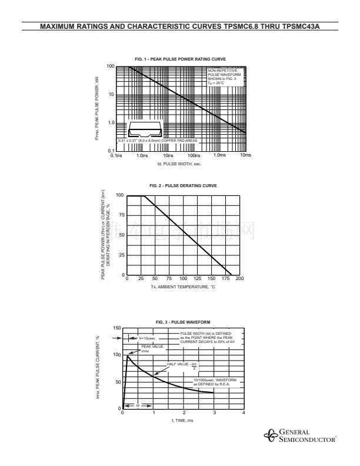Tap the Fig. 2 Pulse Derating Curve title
184,185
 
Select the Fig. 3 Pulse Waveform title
183,322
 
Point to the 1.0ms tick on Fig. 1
219,155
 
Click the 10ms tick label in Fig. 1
246,155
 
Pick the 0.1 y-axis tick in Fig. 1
111,151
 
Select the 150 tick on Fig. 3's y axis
117,328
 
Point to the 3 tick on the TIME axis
214,412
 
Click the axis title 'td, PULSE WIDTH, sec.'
179,164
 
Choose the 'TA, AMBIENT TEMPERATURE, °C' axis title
182,287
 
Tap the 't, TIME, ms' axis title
182,420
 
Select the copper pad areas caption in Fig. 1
158,141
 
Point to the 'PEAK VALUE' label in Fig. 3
148,347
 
